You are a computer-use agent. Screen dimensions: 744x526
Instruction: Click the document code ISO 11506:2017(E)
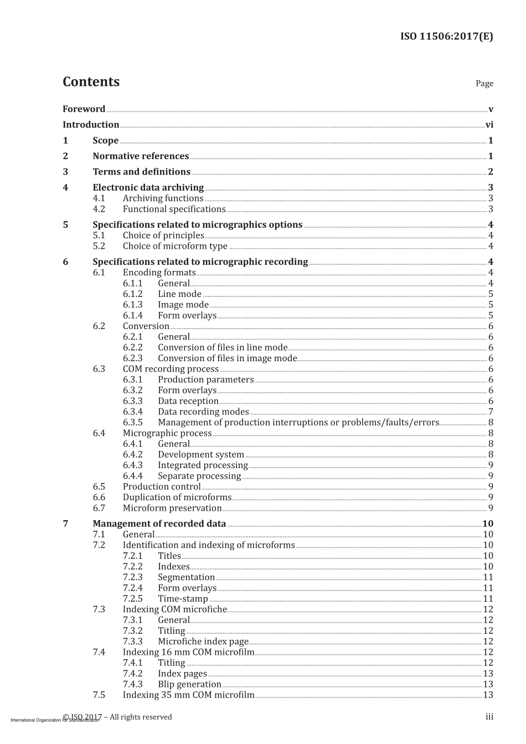tap(446, 37)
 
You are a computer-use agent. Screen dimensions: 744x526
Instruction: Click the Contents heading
tap(91, 81)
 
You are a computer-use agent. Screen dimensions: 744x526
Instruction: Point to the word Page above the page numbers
tap(484, 83)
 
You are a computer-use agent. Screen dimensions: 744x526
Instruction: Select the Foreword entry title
tap(84, 109)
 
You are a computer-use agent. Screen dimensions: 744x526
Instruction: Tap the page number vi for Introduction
tap(489, 125)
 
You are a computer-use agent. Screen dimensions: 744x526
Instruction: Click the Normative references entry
tap(141, 156)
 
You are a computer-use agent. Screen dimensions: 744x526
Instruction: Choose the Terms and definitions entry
tap(141, 172)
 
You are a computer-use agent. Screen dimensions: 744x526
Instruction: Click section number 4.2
tap(99, 209)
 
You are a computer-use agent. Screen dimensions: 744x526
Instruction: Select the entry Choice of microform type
tap(175, 246)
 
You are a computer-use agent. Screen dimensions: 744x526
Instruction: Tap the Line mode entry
tap(179, 294)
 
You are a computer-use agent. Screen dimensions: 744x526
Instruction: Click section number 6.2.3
tap(132, 358)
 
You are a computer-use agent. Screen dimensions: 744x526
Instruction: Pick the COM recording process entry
tap(171, 369)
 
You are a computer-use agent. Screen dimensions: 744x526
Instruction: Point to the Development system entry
tap(200, 454)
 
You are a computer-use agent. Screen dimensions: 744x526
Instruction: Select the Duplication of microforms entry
tap(177, 497)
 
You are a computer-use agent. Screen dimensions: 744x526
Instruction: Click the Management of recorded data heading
tap(159, 524)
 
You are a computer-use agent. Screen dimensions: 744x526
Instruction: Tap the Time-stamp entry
tap(183, 598)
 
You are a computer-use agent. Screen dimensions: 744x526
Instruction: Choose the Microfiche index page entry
tap(203, 642)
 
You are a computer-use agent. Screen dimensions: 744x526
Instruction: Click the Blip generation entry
tap(189, 684)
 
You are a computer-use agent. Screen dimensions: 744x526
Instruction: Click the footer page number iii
tap(489, 717)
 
